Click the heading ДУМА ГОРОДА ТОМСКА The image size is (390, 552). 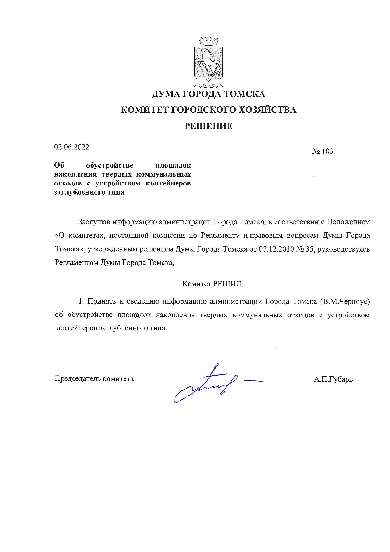pyautogui.click(x=208, y=94)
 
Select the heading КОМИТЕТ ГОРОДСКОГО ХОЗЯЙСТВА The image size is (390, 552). pyautogui.click(x=209, y=110)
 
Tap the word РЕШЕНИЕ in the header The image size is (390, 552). pyautogui.click(x=208, y=126)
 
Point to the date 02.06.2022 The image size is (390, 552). pyautogui.click(x=72, y=147)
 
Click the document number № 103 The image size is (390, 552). pyautogui.click(x=322, y=151)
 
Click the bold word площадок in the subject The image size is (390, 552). pyautogui.click(x=173, y=165)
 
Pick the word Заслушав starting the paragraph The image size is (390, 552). pyautogui.click(x=94, y=222)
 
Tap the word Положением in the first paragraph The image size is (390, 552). pyautogui.click(x=348, y=222)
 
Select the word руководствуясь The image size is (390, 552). pyautogui.click(x=344, y=249)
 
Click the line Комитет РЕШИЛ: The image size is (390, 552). pyautogui.click(x=213, y=284)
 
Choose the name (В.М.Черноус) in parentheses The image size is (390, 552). pyautogui.click(x=345, y=301)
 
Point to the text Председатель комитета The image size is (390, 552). pyautogui.click(x=94, y=378)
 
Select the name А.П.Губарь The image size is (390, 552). pyautogui.click(x=333, y=379)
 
